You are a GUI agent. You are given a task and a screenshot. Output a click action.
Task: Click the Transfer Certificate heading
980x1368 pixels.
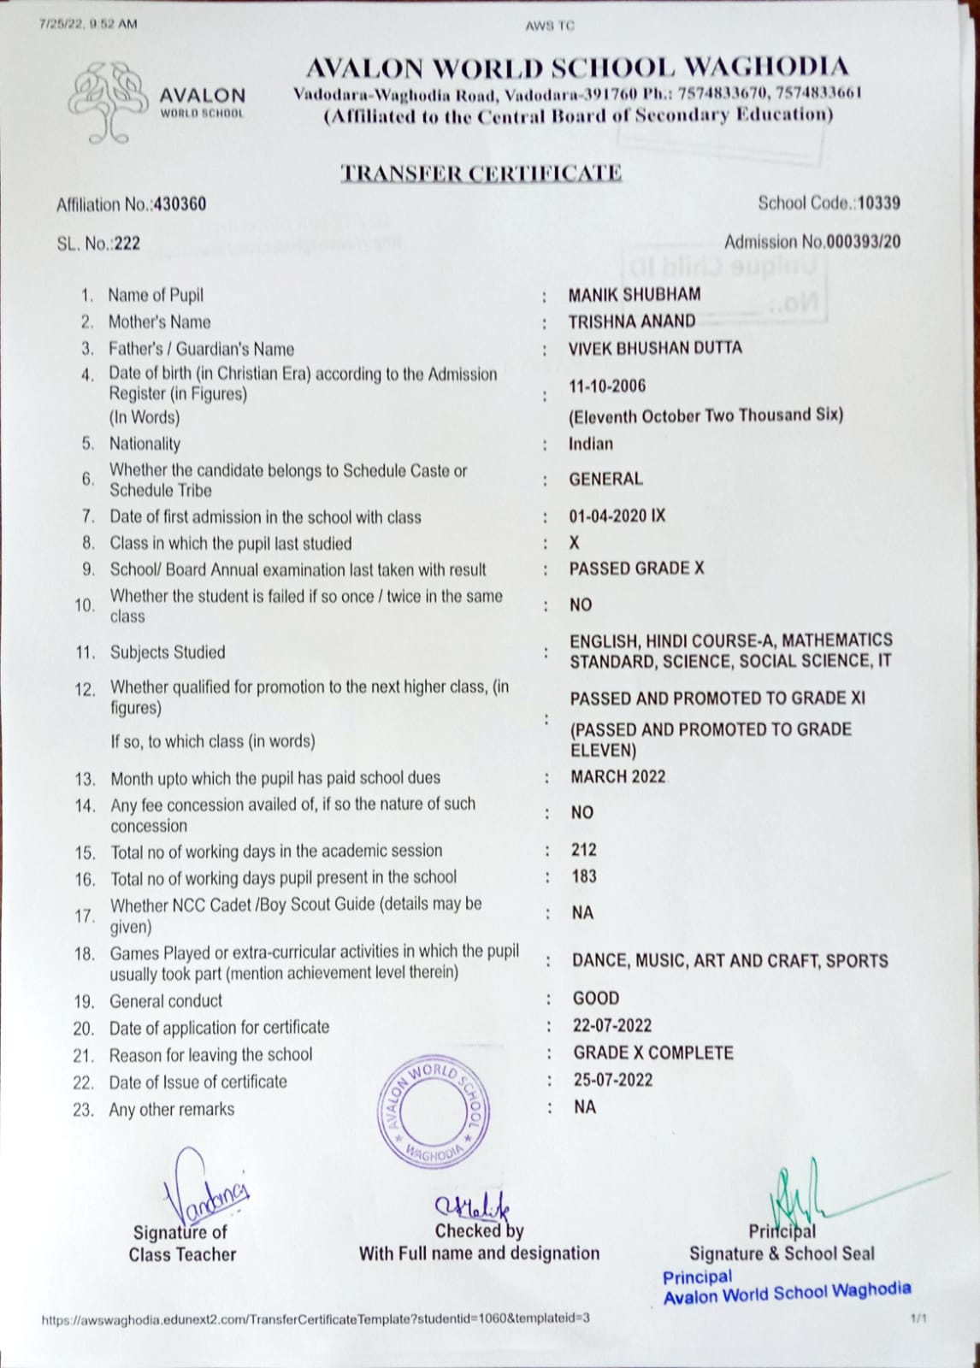pyautogui.click(x=481, y=173)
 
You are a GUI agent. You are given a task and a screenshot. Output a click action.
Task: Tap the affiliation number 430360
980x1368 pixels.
pyautogui.click(x=180, y=204)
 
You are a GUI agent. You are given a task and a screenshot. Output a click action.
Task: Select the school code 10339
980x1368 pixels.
pyautogui.click(x=878, y=203)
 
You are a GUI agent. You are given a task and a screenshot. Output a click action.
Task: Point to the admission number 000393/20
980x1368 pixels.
pyautogui.click(x=863, y=242)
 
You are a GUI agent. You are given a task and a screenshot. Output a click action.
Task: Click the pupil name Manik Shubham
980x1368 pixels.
pyautogui.click(x=634, y=295)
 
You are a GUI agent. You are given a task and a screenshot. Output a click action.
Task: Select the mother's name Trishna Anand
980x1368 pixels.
pyautogui.click(x=631, y=321)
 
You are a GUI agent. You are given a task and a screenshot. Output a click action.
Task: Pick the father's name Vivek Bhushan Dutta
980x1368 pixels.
pyautogui.click(x=654, y=348)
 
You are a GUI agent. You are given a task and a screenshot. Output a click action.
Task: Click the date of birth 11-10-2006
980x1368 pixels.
pyautogui.click(x=607, y=386)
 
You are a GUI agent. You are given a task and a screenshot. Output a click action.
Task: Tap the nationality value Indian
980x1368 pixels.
pyautogui.click(x=590, y=444)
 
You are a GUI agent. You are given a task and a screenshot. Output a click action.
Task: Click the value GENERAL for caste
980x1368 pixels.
pyautogui.click(x=605, y=480)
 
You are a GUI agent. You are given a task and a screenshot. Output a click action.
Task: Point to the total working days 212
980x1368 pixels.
pyautogui.click(x=583, y=850)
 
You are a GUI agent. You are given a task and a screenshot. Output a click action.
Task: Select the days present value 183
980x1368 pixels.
pyautogui.click(x=583, y=876)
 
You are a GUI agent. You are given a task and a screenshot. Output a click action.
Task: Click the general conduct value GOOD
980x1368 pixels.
pyautogui.click(x=595, y=998)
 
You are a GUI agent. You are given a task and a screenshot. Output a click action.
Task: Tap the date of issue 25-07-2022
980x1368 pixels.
pyautogui.click(x=612, y=1080)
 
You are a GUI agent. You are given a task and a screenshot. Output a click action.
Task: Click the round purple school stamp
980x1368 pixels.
pyautogui.click(x=432, y=1112)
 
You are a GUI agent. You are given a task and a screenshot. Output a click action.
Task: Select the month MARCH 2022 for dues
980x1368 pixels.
pyautogui.click(x=617, y=777)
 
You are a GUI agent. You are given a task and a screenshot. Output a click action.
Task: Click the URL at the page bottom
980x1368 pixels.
pyautogui.click(x=316, y=1318)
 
